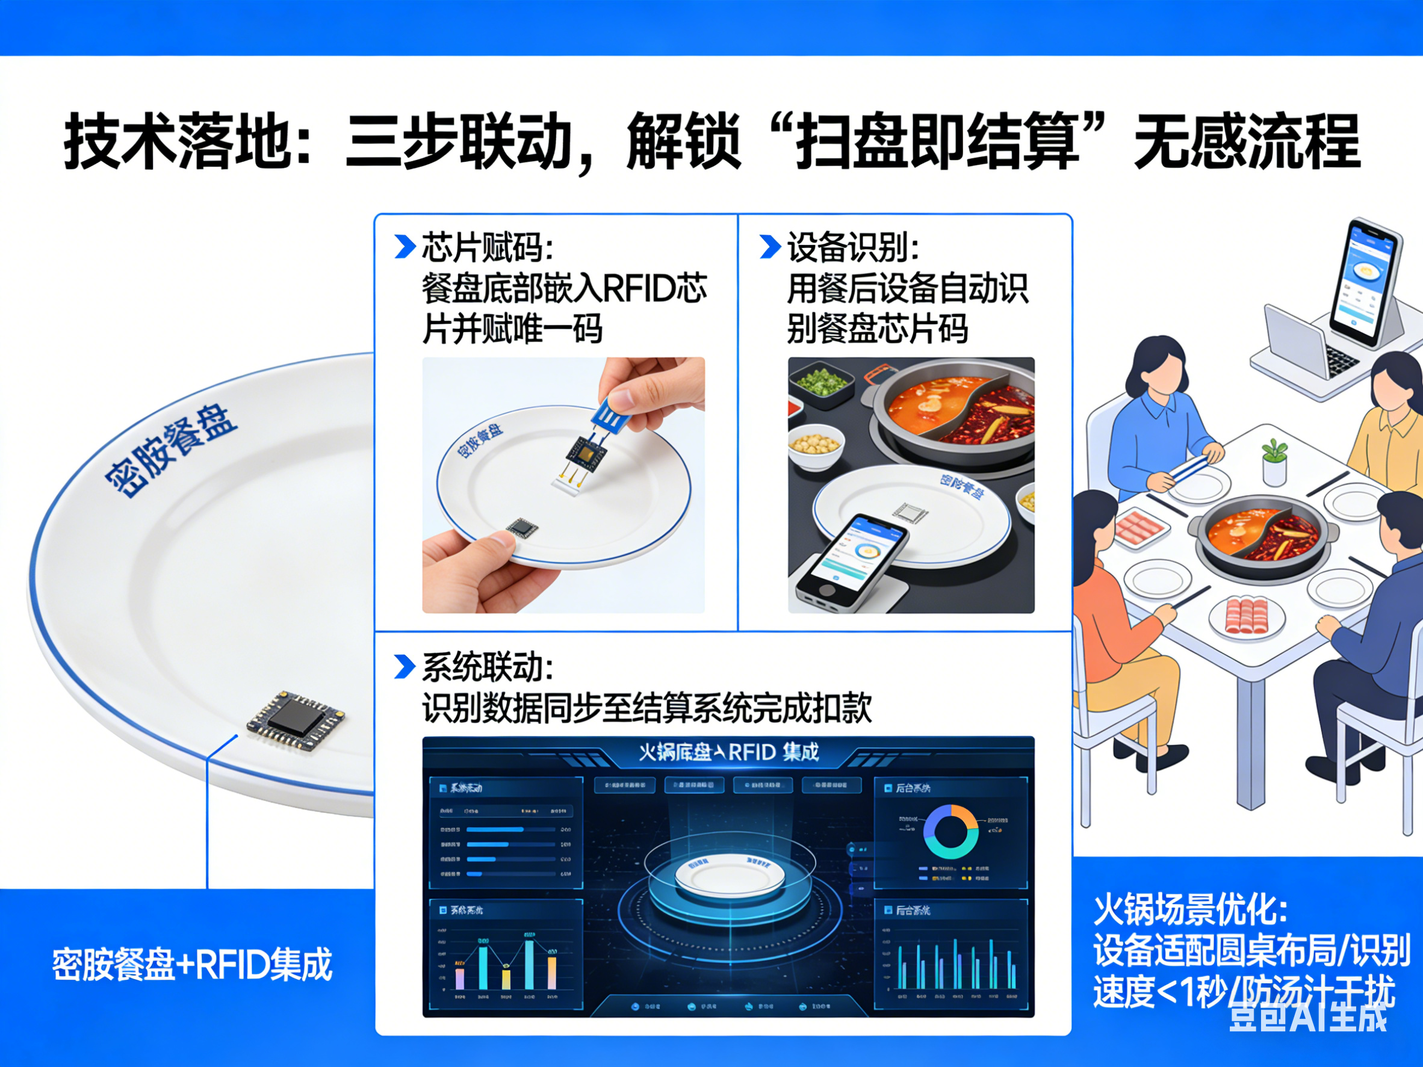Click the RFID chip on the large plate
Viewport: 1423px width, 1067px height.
[x=296, y=720]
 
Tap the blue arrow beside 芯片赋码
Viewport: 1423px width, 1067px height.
[x=405, y=247]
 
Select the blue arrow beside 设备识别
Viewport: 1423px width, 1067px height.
[x=770, y=247]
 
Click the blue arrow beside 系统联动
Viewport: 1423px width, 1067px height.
[x=405, y=667]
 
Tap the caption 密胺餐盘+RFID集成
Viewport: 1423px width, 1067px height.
[x=191, y=964]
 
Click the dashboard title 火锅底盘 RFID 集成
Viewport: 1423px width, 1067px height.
[x=728, y=752]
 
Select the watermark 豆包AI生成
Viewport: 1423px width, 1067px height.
[x=1309, y=1017]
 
